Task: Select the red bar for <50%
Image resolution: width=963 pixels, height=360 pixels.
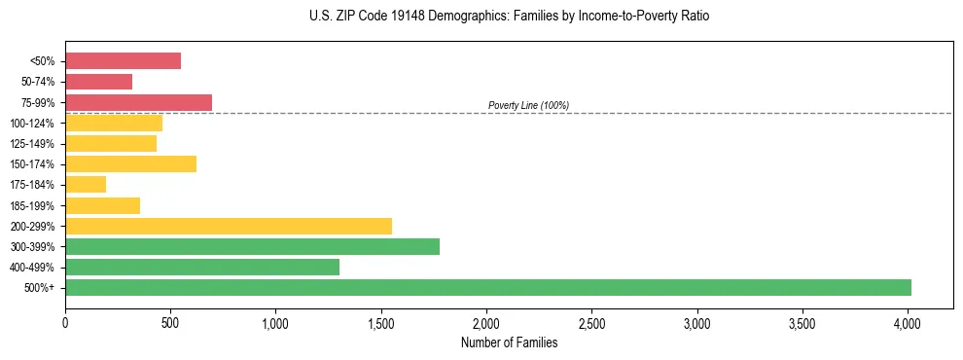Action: pos(123,61)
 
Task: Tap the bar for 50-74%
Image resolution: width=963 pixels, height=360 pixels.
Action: pos(98,82)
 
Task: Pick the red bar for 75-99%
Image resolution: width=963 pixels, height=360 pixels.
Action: pos(138,102)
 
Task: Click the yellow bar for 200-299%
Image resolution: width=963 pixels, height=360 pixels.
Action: pos(229,226)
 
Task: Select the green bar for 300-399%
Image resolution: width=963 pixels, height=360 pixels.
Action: pos(252,246)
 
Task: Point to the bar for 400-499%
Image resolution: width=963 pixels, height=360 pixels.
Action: pos(202,267)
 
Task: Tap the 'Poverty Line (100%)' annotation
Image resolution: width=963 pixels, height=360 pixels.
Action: pos(528,105)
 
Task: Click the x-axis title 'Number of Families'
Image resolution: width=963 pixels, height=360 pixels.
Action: pos(510,342)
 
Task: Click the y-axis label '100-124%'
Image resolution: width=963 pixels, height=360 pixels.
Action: pos(32,124)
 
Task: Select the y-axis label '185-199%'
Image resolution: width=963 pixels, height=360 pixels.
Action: pos(32,206)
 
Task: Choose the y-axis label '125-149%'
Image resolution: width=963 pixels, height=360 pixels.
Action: pos(32,144)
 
